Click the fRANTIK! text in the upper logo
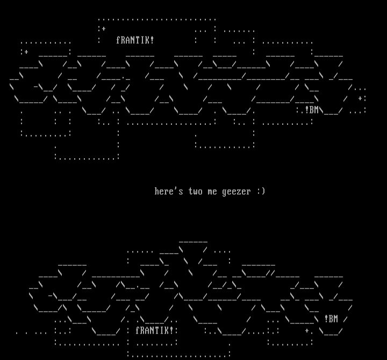pos(135,40)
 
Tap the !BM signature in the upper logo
pos(312,110)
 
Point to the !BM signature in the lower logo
pos(331,319)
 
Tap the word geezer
pos(236,191)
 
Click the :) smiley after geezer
pos(261,191)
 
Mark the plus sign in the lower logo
pos(307,330)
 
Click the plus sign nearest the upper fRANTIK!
pos(103,29)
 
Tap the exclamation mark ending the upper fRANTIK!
pos(152,40)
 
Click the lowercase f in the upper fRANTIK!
pos(118,40)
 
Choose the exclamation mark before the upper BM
pos(307,110)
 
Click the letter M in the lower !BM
pos(335,319)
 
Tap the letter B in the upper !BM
pos(311,110)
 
